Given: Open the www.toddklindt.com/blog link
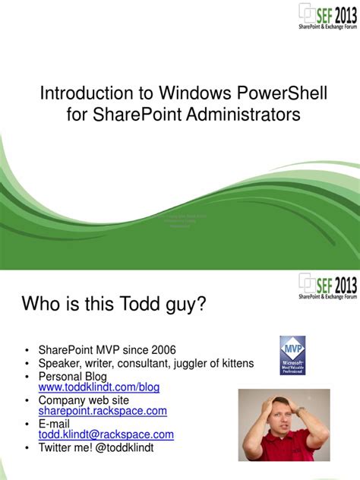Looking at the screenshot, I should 99,387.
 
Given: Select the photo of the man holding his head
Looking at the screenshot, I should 283,425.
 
